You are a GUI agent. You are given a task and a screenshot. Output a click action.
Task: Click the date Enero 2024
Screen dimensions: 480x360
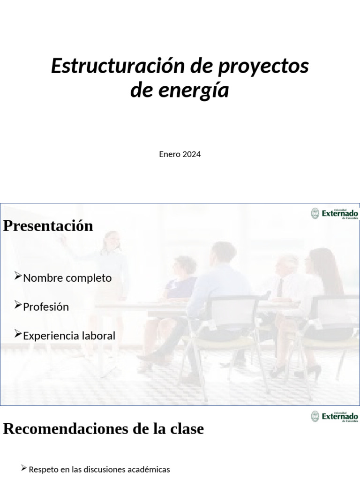(x=180, y=154)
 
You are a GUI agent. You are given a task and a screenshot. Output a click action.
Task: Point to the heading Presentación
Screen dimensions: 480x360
(x=48, y=226)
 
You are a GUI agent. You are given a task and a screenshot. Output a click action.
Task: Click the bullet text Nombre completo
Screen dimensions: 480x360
(x=67, y=278)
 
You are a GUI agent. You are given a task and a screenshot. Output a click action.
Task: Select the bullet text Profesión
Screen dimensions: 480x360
(x=46, y=307)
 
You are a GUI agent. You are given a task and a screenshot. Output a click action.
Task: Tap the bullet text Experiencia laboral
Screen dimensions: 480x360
(x=69, y=336)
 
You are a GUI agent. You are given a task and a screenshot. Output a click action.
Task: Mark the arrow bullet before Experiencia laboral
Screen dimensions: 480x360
(x=18, y=334)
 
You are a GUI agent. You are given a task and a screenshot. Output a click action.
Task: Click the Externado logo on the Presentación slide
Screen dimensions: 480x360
(x=335, y=214)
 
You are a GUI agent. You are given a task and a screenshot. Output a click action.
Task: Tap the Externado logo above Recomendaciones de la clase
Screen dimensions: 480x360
(x=335, y=416)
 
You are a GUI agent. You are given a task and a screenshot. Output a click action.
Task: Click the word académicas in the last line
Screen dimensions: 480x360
(x=147, y=469)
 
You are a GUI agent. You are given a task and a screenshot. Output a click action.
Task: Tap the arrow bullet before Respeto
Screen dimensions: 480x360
(x=24, y=468)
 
